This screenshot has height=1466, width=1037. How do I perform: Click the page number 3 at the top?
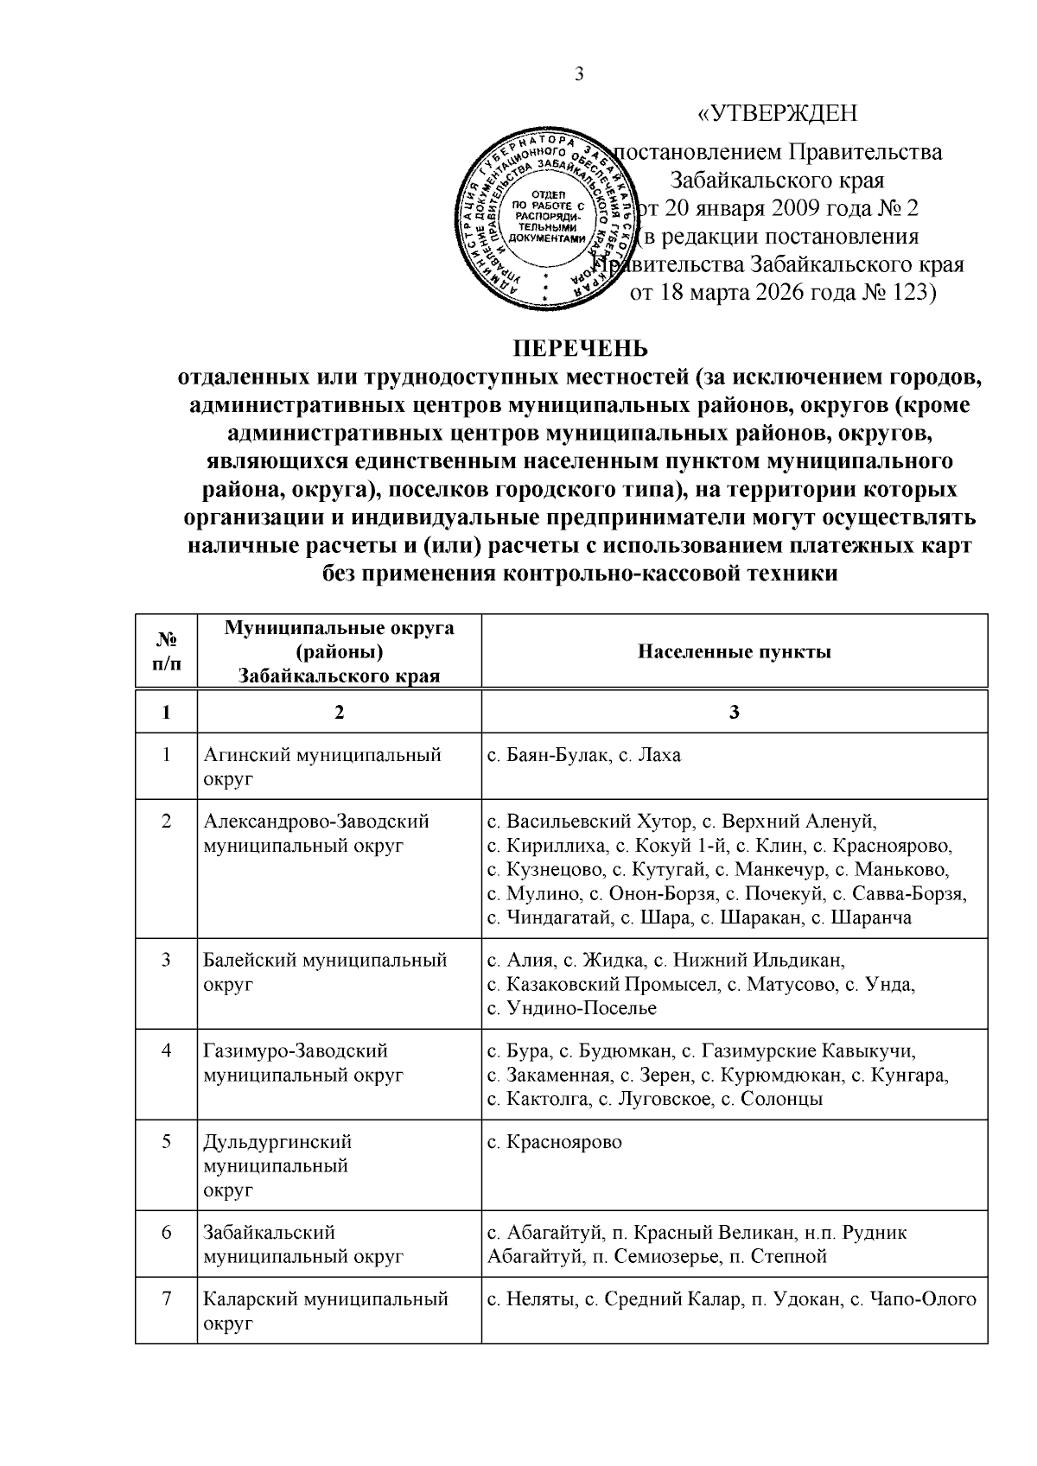coord(579,74)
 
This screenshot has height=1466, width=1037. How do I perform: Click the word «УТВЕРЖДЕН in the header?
coord(777,114)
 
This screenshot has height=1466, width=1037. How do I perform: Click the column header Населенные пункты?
coord(735,651)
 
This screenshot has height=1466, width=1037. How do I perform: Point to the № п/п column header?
coord(166,651)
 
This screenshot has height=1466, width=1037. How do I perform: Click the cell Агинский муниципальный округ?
coord(321,766)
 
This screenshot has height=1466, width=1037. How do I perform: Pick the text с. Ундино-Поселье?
coord(571,1008)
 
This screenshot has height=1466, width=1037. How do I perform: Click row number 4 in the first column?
coord(166,1050)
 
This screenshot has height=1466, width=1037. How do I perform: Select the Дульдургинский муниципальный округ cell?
coord(277,1165)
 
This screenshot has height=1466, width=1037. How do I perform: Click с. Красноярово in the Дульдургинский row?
coord(554,1142)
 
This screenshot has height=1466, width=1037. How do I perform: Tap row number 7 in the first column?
coord(166,1298)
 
